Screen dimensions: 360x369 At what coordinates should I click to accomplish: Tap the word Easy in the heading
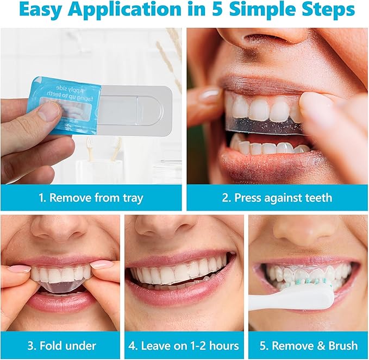tap(41, 10)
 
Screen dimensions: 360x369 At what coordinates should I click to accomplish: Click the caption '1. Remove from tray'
tap(91, 198)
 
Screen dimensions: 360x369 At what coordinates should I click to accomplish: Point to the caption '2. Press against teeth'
tap(277, 198)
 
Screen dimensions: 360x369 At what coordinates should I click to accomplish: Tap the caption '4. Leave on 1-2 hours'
tap(184, 345)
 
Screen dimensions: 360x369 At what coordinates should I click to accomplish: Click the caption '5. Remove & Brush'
tap(308, 345)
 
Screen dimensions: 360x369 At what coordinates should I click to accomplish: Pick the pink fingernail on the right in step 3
tap(102, 264)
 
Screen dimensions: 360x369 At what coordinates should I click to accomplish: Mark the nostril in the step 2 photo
tap(256, 40)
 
